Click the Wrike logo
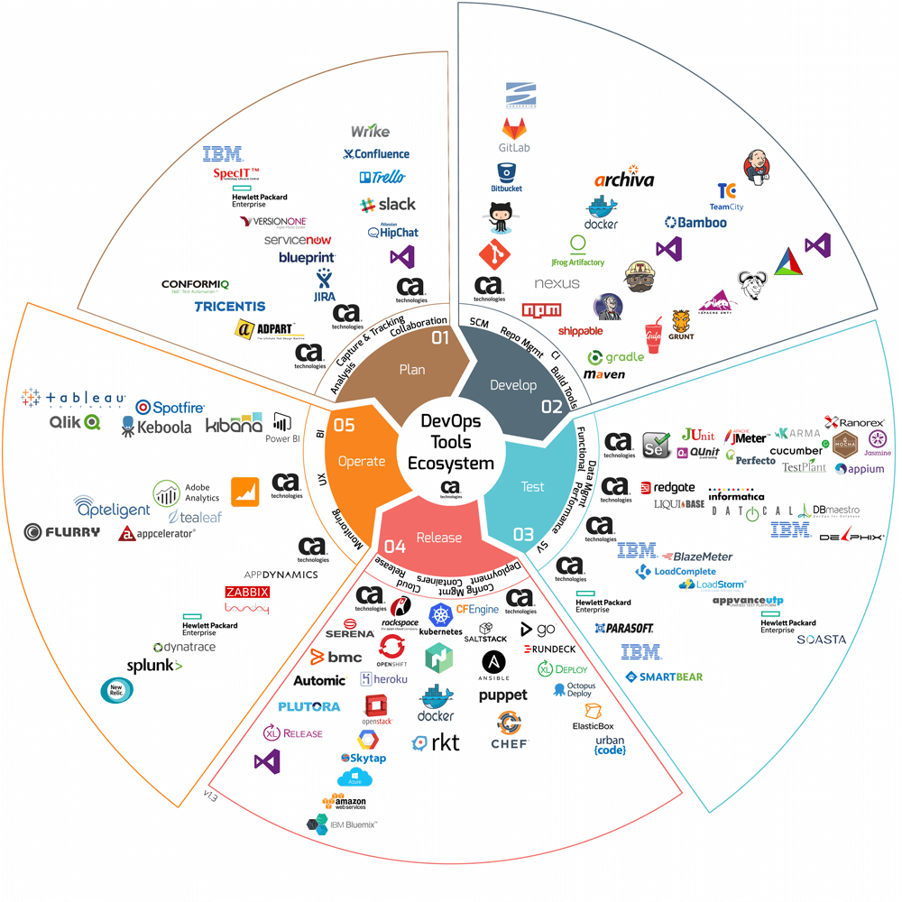click(x=370, y=132)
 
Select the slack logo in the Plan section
click(x=387, y=205)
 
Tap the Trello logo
click(x=382, y=178)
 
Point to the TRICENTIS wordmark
click(x=230, y=307)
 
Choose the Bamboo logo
click(x=695, y=222)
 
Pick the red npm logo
click(x=541, y=310)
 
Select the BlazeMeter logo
click(x=696, y=557)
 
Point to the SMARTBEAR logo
click(x=664, y=676)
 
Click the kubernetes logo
click(x=440, y=621)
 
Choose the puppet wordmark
click(x=502, y=695)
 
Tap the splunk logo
click(x=154, y=666)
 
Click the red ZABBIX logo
click(x=247, y=593)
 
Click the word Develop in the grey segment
click(x=513, y=385)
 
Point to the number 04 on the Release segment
click(x=395, y=546)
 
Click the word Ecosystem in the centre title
click(x=451, y=464)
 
